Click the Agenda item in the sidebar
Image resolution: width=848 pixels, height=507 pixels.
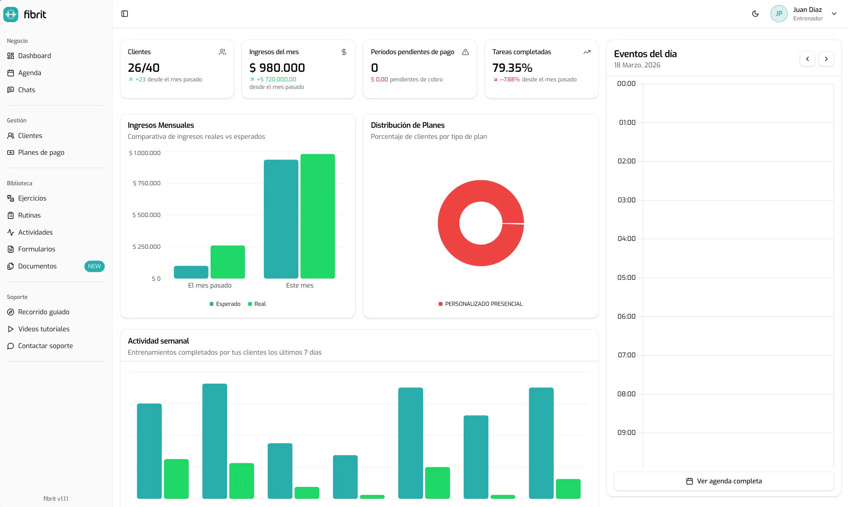point(29,73)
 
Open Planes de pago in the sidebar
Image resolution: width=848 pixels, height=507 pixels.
point(41,152)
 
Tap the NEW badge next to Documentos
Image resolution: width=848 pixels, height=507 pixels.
point(94,266)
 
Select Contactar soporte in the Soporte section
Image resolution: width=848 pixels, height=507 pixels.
point(45,346)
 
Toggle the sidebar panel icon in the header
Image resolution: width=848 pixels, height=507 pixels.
point(125,14)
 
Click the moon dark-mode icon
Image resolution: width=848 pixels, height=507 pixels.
point(755,14)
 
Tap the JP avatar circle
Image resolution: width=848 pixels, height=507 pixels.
point(779,14)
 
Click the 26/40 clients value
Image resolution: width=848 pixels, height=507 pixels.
point(143,68)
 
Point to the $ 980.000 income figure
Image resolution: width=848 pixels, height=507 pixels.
point(277,68)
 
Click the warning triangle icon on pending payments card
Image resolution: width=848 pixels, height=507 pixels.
point(465,52)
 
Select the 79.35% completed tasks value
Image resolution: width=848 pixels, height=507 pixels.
point(512,68)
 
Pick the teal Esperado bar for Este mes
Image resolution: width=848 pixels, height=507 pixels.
point(281,219)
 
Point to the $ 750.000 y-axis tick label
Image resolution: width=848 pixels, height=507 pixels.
point(147,183)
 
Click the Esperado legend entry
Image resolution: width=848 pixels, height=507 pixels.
point(225,304)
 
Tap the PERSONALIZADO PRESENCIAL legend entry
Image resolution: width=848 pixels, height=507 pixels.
point(481,304)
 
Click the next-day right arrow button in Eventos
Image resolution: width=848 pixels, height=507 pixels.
point(826,59)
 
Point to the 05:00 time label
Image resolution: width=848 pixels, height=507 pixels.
point(626,277)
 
